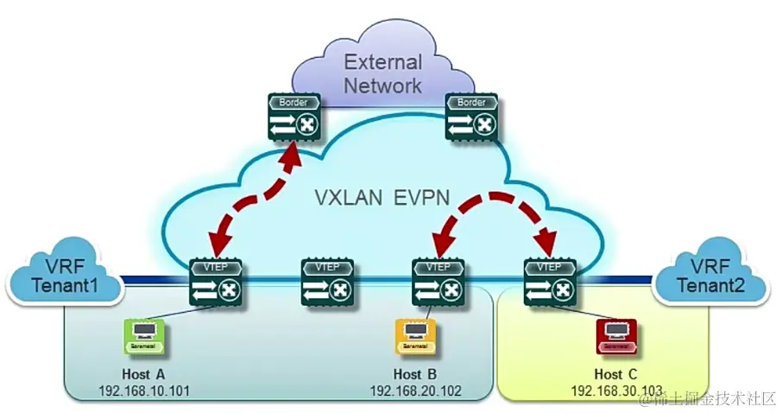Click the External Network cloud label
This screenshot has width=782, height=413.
click(383, 73)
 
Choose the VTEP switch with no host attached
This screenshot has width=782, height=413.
click(326, 282)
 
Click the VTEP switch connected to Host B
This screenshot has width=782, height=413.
click(439, 282)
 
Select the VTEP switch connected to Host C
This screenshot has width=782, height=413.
click(551, 282)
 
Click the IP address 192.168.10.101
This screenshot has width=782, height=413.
click(143, 391)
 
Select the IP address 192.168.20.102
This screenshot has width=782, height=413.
click(415, 391)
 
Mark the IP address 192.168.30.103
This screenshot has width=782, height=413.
click(616, 391)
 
